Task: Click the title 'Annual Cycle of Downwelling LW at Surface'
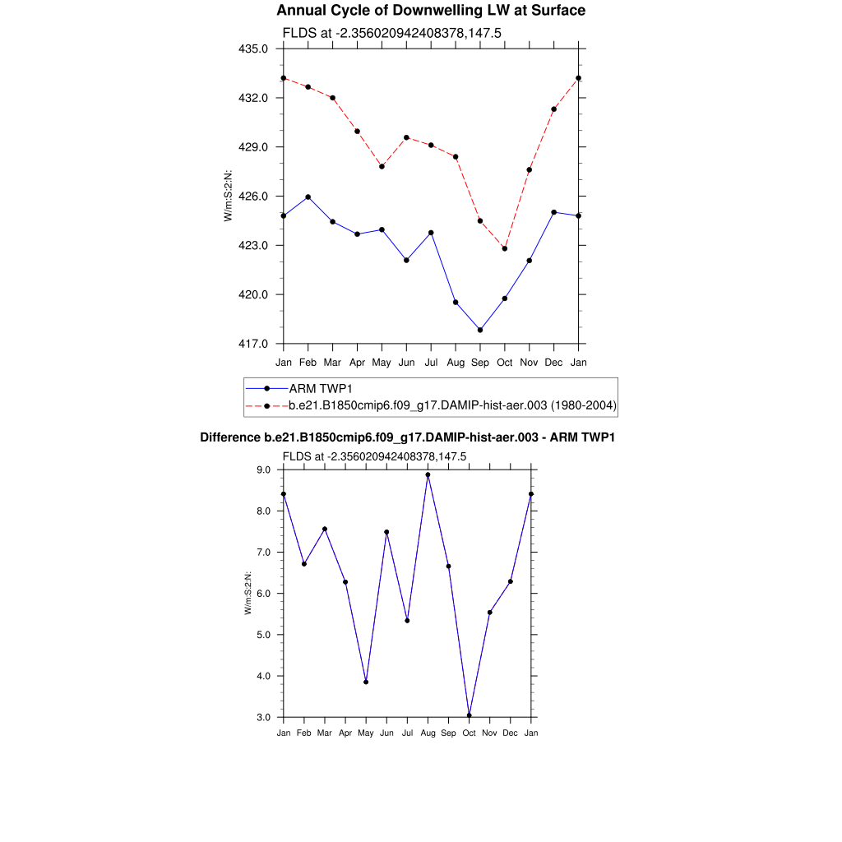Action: click(431, 11)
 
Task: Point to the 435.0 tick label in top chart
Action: click(253, 49)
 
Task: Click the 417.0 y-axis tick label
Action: click(253, 344)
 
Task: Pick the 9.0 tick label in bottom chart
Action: click(264, 470)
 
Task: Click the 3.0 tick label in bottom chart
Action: click(264, 717)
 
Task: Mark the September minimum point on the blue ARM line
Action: click(480, 330)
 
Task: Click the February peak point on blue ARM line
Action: click(308, 197)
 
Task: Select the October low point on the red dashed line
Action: click(505, 248)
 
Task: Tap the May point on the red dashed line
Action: click(382, 166)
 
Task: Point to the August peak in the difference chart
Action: click(428, 474)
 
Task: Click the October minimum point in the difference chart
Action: click(470, 715)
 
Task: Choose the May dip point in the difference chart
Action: click(366, 682)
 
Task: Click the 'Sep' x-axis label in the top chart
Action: click(480, 363)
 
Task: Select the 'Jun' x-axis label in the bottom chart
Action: click(386, 733)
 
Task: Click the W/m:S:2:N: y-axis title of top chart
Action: click(229, 195)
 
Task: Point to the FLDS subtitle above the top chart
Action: click(392, 33)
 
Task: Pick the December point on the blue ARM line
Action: click(554, 212)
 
